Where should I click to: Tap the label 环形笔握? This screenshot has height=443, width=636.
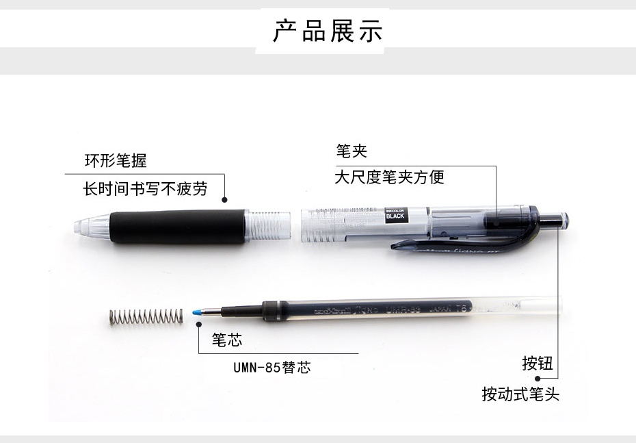[x=116, y=161]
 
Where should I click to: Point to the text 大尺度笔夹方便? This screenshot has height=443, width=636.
[x=389, y=177]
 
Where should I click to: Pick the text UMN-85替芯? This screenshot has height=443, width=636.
[x=271, y=368]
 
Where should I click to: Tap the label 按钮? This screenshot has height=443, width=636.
[x=537, y=364]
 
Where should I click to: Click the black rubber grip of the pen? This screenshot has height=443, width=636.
[x=177, y=226]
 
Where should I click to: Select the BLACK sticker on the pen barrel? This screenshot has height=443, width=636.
[x=395, y=214]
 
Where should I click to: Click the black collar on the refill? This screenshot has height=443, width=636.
[x=272, y=312]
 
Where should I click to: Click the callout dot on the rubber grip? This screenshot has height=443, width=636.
[x=224, y=200]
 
